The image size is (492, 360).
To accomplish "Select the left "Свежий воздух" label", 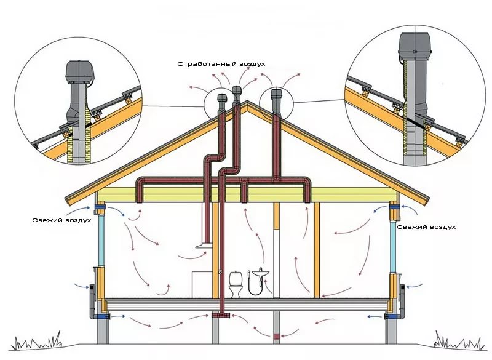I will (63, 220).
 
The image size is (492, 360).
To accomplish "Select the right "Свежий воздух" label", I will (426, 227).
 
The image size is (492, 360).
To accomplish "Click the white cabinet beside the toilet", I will (202, 284).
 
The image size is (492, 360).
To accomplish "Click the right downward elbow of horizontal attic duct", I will (306, 188).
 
